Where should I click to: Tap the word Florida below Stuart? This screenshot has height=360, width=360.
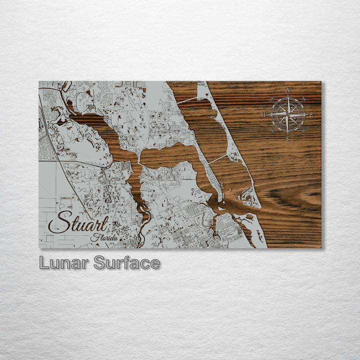coord(104,237)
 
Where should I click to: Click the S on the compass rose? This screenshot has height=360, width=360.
coord(287,139)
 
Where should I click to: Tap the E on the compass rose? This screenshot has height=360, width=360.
coord(311,115)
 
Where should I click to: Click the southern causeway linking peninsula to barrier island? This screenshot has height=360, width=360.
coord(218,159)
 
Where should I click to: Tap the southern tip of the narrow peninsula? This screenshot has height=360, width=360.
coord(218,199)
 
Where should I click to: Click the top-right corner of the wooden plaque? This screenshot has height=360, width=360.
coord(320,82)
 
